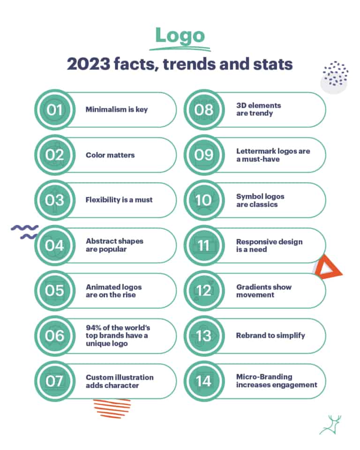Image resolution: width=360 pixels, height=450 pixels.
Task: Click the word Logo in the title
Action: pyautogui.click(x=180, y=36)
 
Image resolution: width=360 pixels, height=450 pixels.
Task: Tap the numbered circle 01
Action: pyautogui.click(x=54, y=110)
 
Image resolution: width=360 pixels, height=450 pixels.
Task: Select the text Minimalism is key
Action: pyautogui.click(x=116, y=110)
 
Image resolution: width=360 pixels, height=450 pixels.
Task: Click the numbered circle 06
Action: pyautogui.click(x=54, y=336)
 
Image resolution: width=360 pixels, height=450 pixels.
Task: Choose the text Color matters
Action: pyautogui.click(x=110, y=155)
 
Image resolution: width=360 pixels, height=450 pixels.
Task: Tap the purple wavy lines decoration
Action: pyautogui.click(x=24, y=232)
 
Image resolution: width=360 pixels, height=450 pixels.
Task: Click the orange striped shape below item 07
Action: pyautogui.click(x=112, y=405)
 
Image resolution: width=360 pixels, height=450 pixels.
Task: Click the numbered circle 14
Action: pyautogui.click(x=204, y=381)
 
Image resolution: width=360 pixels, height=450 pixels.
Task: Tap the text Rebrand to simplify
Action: pyautogui.click(x=270, y=336)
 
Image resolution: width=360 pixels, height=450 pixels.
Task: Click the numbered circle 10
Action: pyautogui.click(x=204, y=200)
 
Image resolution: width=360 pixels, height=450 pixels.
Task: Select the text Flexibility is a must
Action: pyautogui.click(x=119, y=200)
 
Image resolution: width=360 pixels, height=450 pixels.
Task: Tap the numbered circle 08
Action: pyautogui.click(x=204, y=110)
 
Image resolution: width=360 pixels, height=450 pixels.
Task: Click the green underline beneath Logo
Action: pyautogui.click(x=180, y=48)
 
